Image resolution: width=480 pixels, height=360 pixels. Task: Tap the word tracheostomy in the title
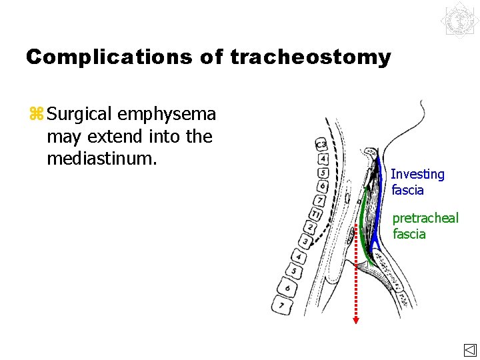click(311, 57)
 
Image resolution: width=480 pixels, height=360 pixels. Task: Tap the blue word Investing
click(417, 174)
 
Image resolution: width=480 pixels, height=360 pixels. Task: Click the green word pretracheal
click(425, 218)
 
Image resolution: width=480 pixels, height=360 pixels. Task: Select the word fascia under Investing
click(408, 190)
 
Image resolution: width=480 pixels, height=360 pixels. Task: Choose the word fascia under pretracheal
click(409, 234)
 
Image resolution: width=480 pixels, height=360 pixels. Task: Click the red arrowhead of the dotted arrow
click(356, 321)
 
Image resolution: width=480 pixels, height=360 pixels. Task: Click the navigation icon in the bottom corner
click(469, 350)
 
